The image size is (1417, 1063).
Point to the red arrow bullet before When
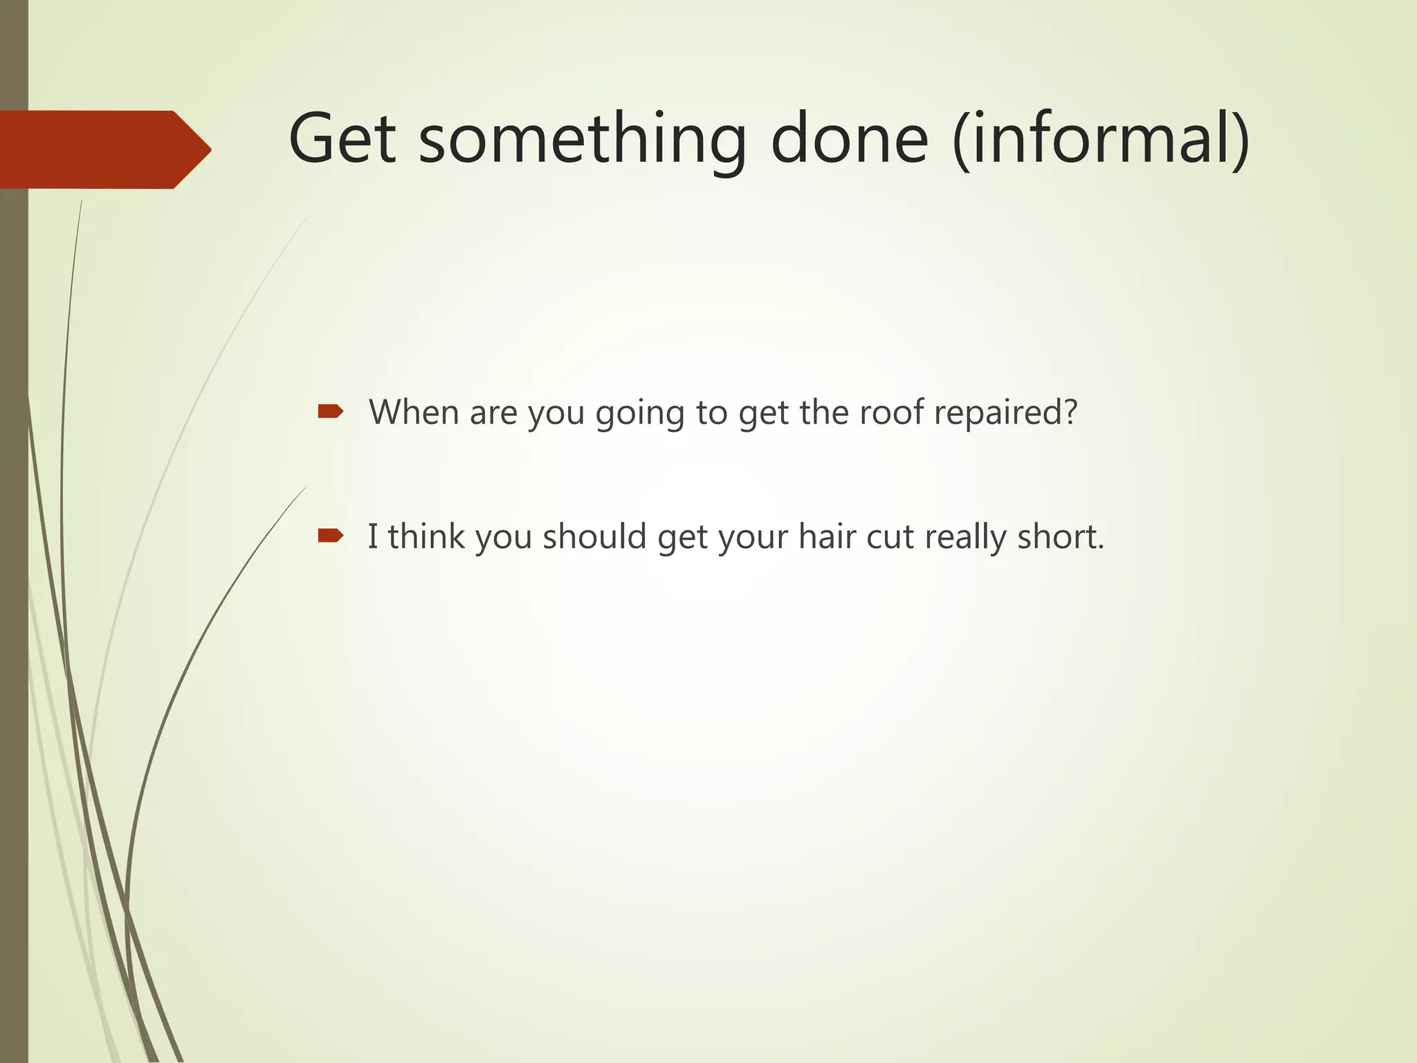coord(330,412)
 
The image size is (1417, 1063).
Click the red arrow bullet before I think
coord(330,535)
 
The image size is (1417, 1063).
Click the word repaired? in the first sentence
coord(1006,414)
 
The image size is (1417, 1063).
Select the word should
coord(594,536)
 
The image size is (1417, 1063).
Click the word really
coord(965,538)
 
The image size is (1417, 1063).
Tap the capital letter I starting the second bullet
coord(373,536)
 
